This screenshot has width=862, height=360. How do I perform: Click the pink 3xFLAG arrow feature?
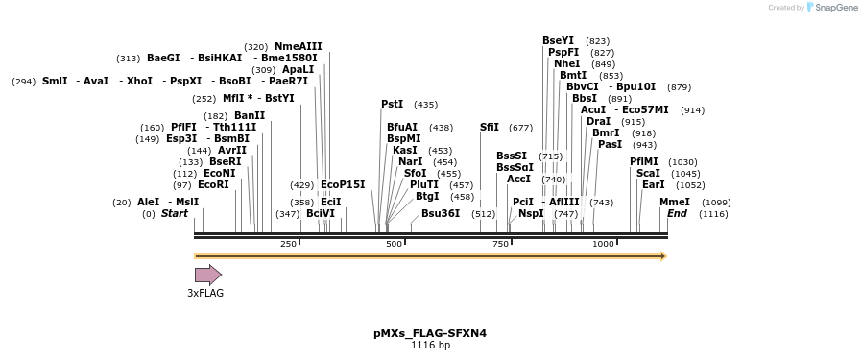point(207,275)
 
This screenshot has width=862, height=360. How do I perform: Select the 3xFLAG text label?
point(205,293)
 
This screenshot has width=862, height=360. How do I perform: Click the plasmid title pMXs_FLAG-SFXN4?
point(430,333)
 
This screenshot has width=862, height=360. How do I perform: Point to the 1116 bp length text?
point(430,346)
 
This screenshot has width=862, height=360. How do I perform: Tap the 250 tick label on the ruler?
point(288,244)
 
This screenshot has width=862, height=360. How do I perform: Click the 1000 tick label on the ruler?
point(603,244)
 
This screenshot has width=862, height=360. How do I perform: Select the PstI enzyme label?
point(392,104)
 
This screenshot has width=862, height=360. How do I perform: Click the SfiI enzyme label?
point(490,127)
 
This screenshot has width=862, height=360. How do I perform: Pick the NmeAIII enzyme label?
point(299,46)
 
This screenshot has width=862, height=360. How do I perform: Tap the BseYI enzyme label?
point(558,40)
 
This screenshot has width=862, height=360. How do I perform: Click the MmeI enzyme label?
point(675,202)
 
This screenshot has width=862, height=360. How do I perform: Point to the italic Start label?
point(175,213)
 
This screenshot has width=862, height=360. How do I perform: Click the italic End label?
point(677,213)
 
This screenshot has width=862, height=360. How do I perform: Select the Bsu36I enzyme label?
point(441,213)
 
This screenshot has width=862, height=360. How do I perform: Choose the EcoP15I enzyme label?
point(343,184)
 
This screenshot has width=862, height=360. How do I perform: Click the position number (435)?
point(425,105)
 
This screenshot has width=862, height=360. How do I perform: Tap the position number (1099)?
point(716,203)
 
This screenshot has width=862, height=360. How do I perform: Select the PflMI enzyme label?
point(644,161)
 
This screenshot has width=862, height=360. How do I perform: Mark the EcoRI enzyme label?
point(213,184)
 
